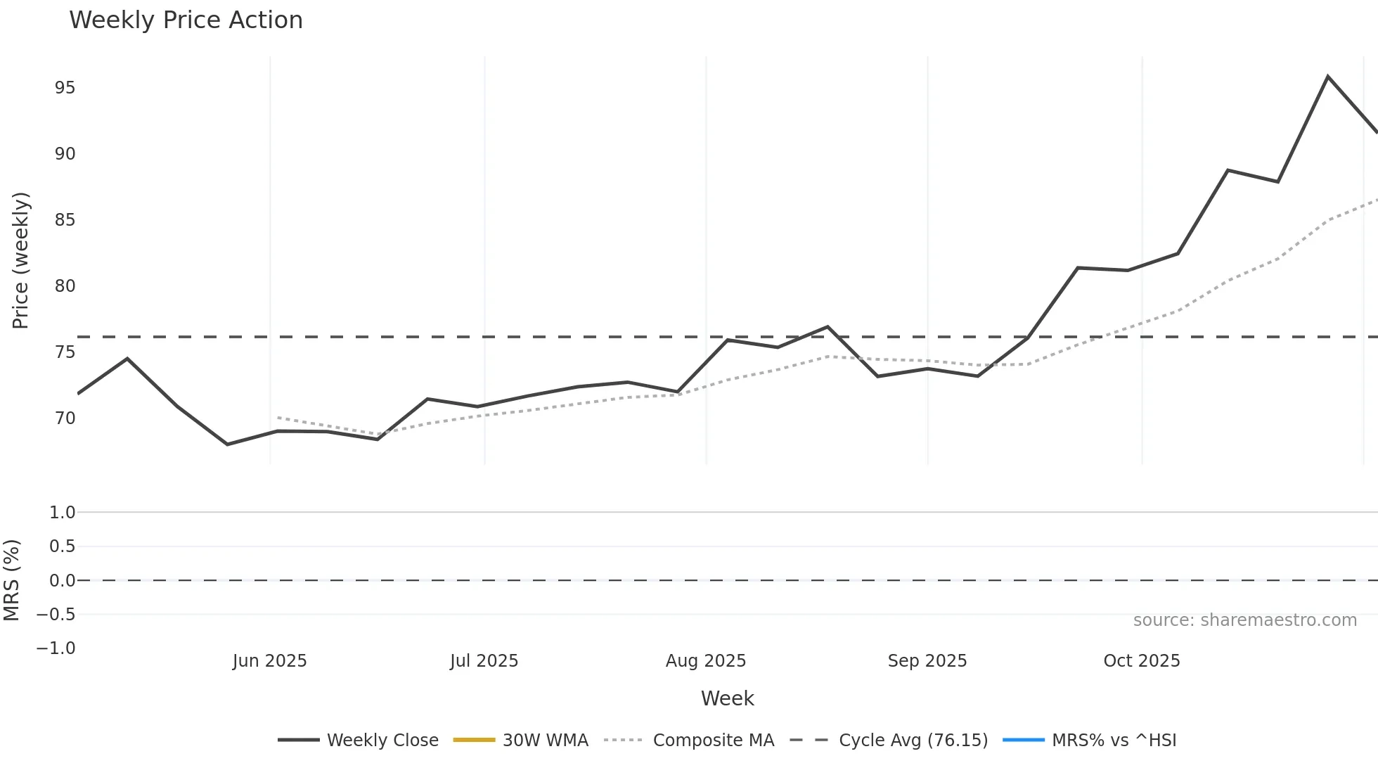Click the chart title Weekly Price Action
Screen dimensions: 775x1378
click(186, 20)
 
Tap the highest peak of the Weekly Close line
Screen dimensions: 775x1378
click(1327, 77)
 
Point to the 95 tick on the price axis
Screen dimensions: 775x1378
click(65, 88)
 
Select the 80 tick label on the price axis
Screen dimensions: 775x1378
click(65, 286)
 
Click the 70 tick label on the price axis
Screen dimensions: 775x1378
click(65, 418)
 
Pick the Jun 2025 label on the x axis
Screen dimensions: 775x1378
click(270, 661)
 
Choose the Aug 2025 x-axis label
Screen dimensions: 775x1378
click(706, 661)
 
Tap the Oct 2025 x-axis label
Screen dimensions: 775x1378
click(1142, 661)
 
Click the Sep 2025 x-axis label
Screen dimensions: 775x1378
click(927, 661)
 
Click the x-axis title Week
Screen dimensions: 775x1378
click(727, 698)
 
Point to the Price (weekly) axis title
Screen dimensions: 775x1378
click(21, 260)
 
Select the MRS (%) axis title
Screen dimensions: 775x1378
click(12, 580)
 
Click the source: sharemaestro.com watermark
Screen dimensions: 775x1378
click(1244, 620)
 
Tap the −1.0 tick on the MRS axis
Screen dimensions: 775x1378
click(56, 648)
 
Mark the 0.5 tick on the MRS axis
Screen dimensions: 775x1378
click(62, 546)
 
